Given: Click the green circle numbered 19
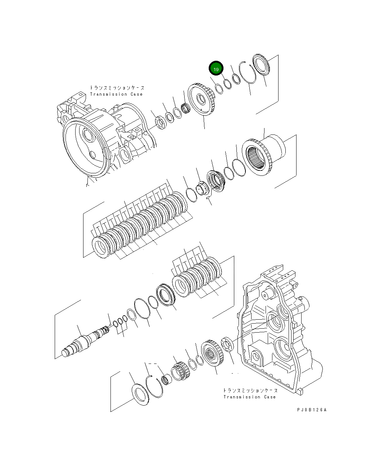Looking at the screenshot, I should [216, 68].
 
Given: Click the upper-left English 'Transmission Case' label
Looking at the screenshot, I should [116, 94].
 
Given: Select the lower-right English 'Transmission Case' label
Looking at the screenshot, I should [249, 397].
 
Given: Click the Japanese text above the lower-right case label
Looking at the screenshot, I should [250, 390].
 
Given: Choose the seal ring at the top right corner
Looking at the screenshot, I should [262, 65].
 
